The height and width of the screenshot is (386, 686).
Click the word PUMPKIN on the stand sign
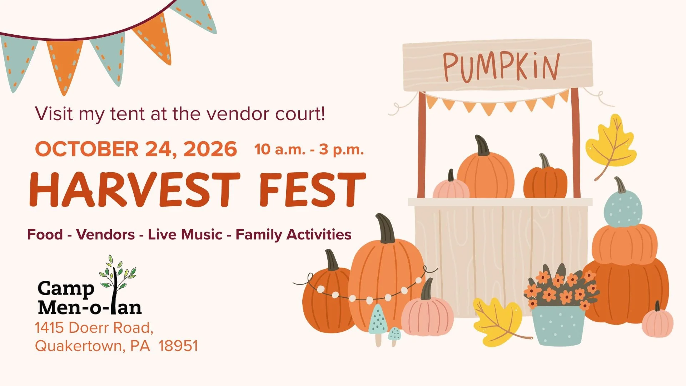[501, 67]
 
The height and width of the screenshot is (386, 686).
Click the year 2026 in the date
[210, 149]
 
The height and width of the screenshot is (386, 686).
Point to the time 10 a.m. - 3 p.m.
[309, 150]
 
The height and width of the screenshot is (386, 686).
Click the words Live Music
[185, 234]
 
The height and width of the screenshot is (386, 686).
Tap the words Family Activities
[293, 235]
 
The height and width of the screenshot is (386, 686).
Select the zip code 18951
[178, 346]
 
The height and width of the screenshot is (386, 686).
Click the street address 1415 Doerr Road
[94, 328]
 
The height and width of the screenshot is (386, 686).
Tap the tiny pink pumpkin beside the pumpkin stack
[657, 320]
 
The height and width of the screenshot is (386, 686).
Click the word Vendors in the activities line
[106, 234]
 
